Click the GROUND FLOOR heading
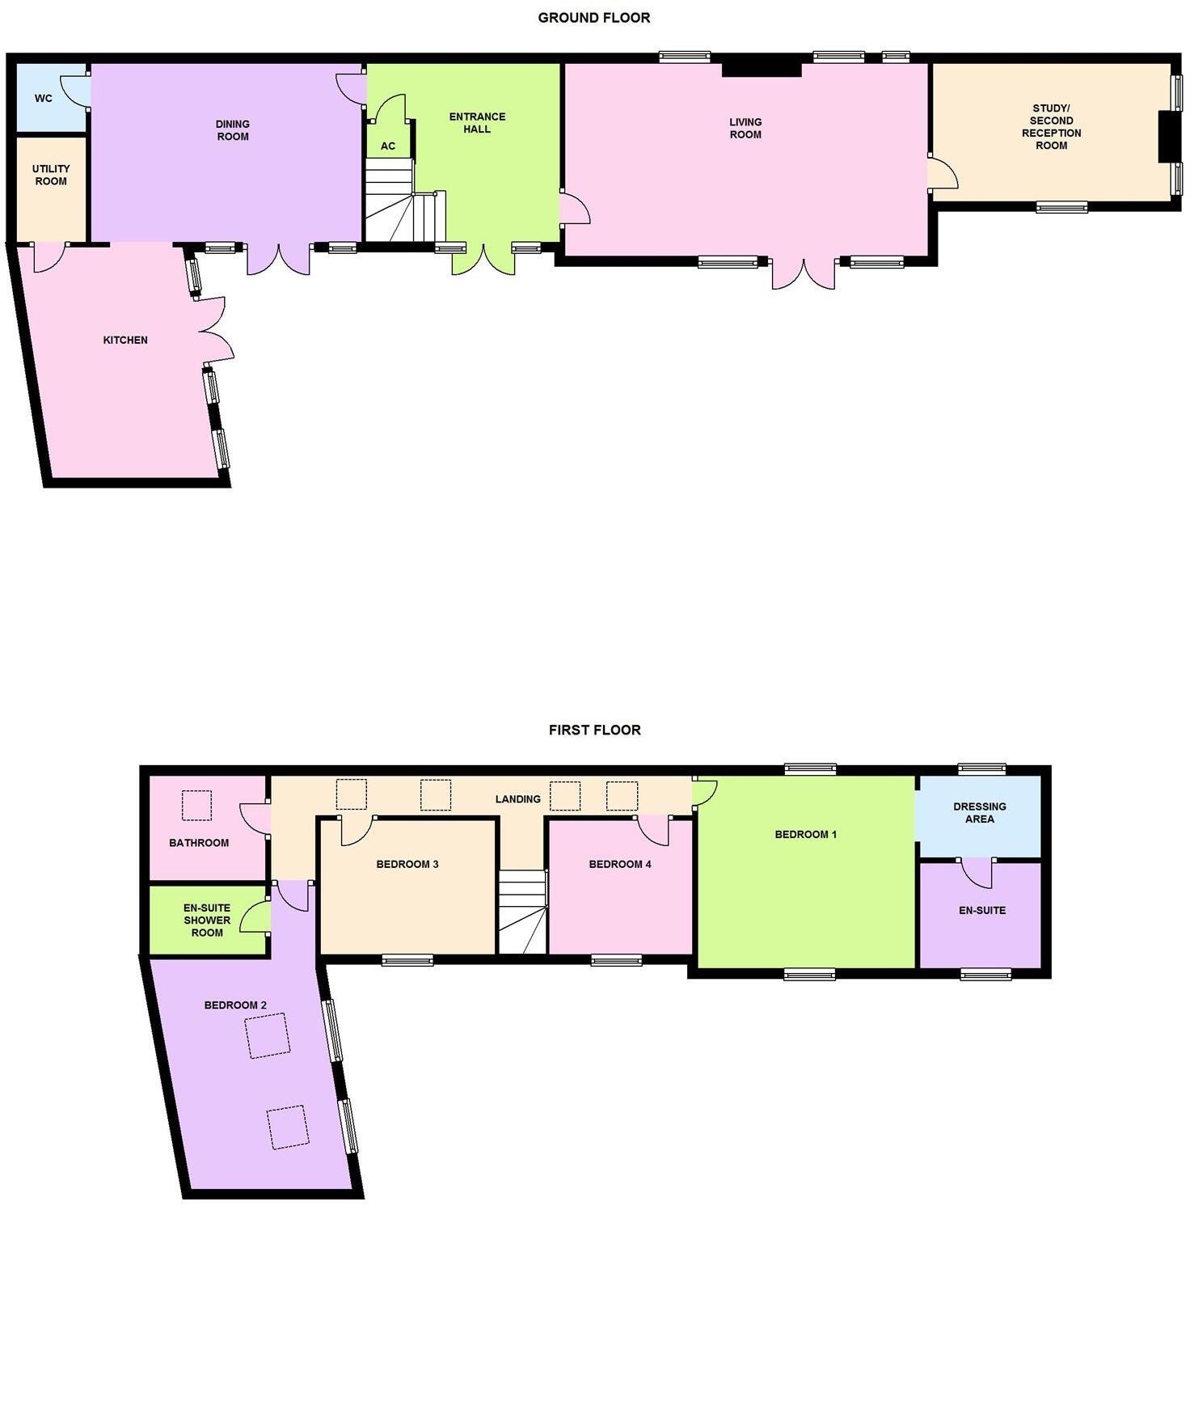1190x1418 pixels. point(593,18)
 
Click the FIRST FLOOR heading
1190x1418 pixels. point(594,730)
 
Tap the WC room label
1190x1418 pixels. point(44,99)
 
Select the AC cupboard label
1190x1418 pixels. point(388,146)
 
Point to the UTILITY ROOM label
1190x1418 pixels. point(51,175)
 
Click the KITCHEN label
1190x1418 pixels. point(125,340)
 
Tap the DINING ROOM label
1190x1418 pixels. point(232,130)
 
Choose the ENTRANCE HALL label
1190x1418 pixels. point(477,123)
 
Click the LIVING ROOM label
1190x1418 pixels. point(745,129)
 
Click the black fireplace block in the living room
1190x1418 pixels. point(761,68)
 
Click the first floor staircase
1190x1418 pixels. point(521,912)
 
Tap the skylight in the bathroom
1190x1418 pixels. point(196,806)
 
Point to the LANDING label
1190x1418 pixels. point(517,799)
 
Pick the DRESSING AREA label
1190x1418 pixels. point(979,812)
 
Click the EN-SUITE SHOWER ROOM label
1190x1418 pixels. point(207,920)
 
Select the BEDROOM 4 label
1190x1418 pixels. point(620,864)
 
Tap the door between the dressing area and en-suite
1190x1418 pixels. point(977,871)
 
